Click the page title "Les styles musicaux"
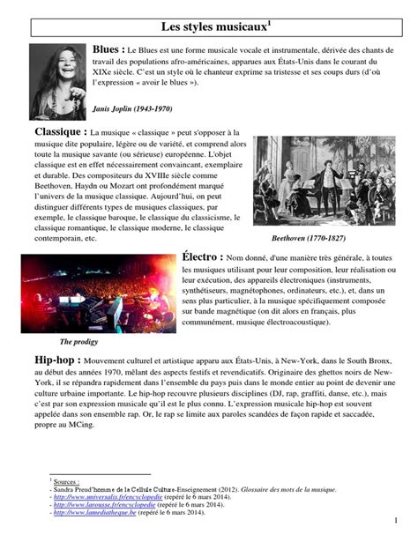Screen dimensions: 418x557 click(x=208, y=18)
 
